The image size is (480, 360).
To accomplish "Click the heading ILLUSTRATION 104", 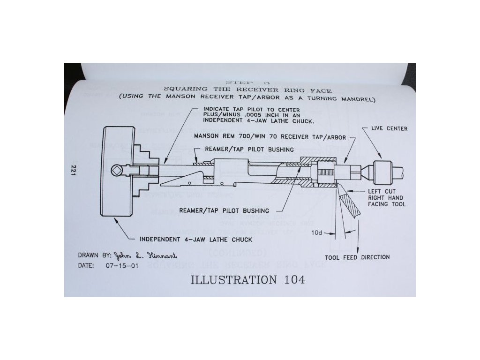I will (x=247, y=280).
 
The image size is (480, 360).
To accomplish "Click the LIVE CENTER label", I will (x=389, y=128).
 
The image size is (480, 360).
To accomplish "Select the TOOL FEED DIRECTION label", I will (x=357, y=257).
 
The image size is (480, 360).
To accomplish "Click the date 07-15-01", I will (x=115, y=265).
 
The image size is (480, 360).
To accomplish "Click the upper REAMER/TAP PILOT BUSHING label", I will (x=250, y=149).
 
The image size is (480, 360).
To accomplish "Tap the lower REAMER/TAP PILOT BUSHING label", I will (x=224, y=210).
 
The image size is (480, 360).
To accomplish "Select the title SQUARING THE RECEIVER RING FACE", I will (x=247, y=90).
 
